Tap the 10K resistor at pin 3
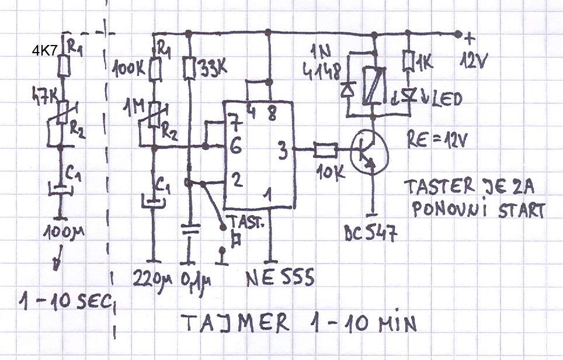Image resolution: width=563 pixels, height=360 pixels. pos(325,150)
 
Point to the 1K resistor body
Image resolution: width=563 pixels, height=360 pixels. pos(409,61)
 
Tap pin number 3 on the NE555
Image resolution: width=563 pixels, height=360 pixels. pos(281,150)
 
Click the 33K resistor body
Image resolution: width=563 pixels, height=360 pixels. pos(188,68)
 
